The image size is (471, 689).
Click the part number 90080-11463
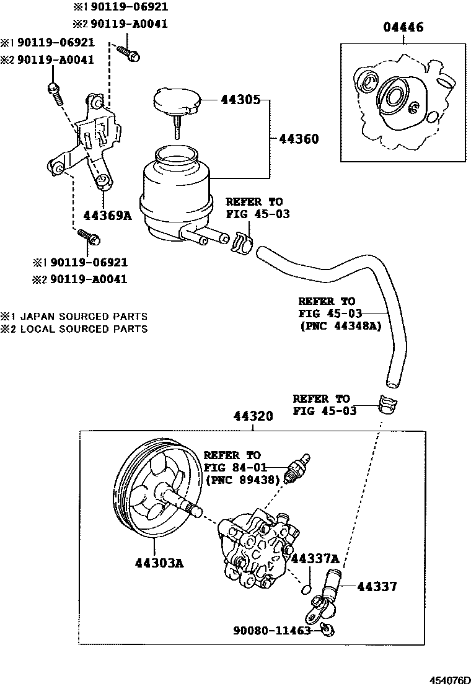[271, 631]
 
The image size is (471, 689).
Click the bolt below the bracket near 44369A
[89, 236]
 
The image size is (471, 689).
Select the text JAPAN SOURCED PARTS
[84, 316]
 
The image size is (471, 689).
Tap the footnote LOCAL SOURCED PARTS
[84, 329]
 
